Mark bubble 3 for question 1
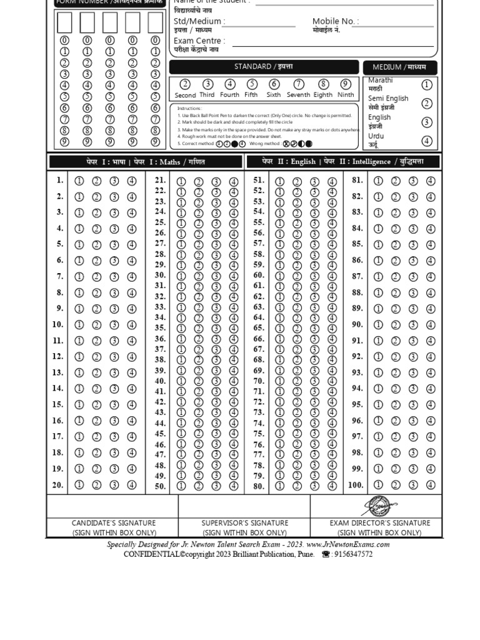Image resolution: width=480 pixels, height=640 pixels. point(114,181)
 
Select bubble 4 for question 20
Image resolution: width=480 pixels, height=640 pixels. point(132,485)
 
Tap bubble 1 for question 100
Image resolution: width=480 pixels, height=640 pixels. point(378,485)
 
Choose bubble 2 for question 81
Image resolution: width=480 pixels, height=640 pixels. point(396,181)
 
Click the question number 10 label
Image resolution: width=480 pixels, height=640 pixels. point(57,324)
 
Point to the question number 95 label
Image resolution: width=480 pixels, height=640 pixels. point(357,404)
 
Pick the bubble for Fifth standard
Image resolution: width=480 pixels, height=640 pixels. point(252,84)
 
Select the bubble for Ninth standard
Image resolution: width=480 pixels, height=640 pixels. point(346,84)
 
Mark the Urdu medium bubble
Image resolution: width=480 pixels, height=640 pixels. point(427,141)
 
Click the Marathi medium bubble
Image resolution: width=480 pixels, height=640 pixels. point(427,85)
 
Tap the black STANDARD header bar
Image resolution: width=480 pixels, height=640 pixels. point(263,67)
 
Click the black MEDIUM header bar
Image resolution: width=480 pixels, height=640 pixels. point(399,67)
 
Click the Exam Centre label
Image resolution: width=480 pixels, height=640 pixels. point(199,41)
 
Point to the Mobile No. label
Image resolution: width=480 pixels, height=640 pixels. point(335,21)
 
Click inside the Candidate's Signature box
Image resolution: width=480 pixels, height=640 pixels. point(112,506)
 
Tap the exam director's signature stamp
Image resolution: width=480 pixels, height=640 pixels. point(379,506)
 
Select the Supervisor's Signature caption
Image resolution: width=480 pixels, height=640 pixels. point(244,523)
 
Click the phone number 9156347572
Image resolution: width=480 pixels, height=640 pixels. point(353,554)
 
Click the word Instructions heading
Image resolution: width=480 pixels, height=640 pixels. point(189,108)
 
